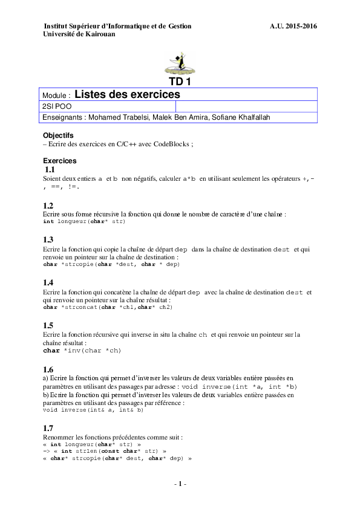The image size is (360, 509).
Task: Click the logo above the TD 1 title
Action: click(x=180, y=63)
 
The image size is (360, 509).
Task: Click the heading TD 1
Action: click(x=180, y=83)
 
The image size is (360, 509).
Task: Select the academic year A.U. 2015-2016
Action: click(x=293, y=26)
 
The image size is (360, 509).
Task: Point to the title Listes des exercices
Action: click(x=127, y=94)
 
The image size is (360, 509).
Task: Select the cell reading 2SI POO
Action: click(x=57, y=106)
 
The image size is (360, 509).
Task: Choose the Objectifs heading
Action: click(x=58, y=135)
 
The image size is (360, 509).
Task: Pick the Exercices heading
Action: click(x=60, y=161)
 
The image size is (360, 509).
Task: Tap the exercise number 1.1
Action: click(x=49, y=170)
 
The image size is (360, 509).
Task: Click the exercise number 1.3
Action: click(x=48, y=239)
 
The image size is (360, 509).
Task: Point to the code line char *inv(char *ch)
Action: click(x=82, y=350)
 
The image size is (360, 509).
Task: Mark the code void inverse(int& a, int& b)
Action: click(x=93, y=409)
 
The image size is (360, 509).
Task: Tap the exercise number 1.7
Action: click(x=48, y=427)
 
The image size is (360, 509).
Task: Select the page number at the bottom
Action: click(x=180, y=484)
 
